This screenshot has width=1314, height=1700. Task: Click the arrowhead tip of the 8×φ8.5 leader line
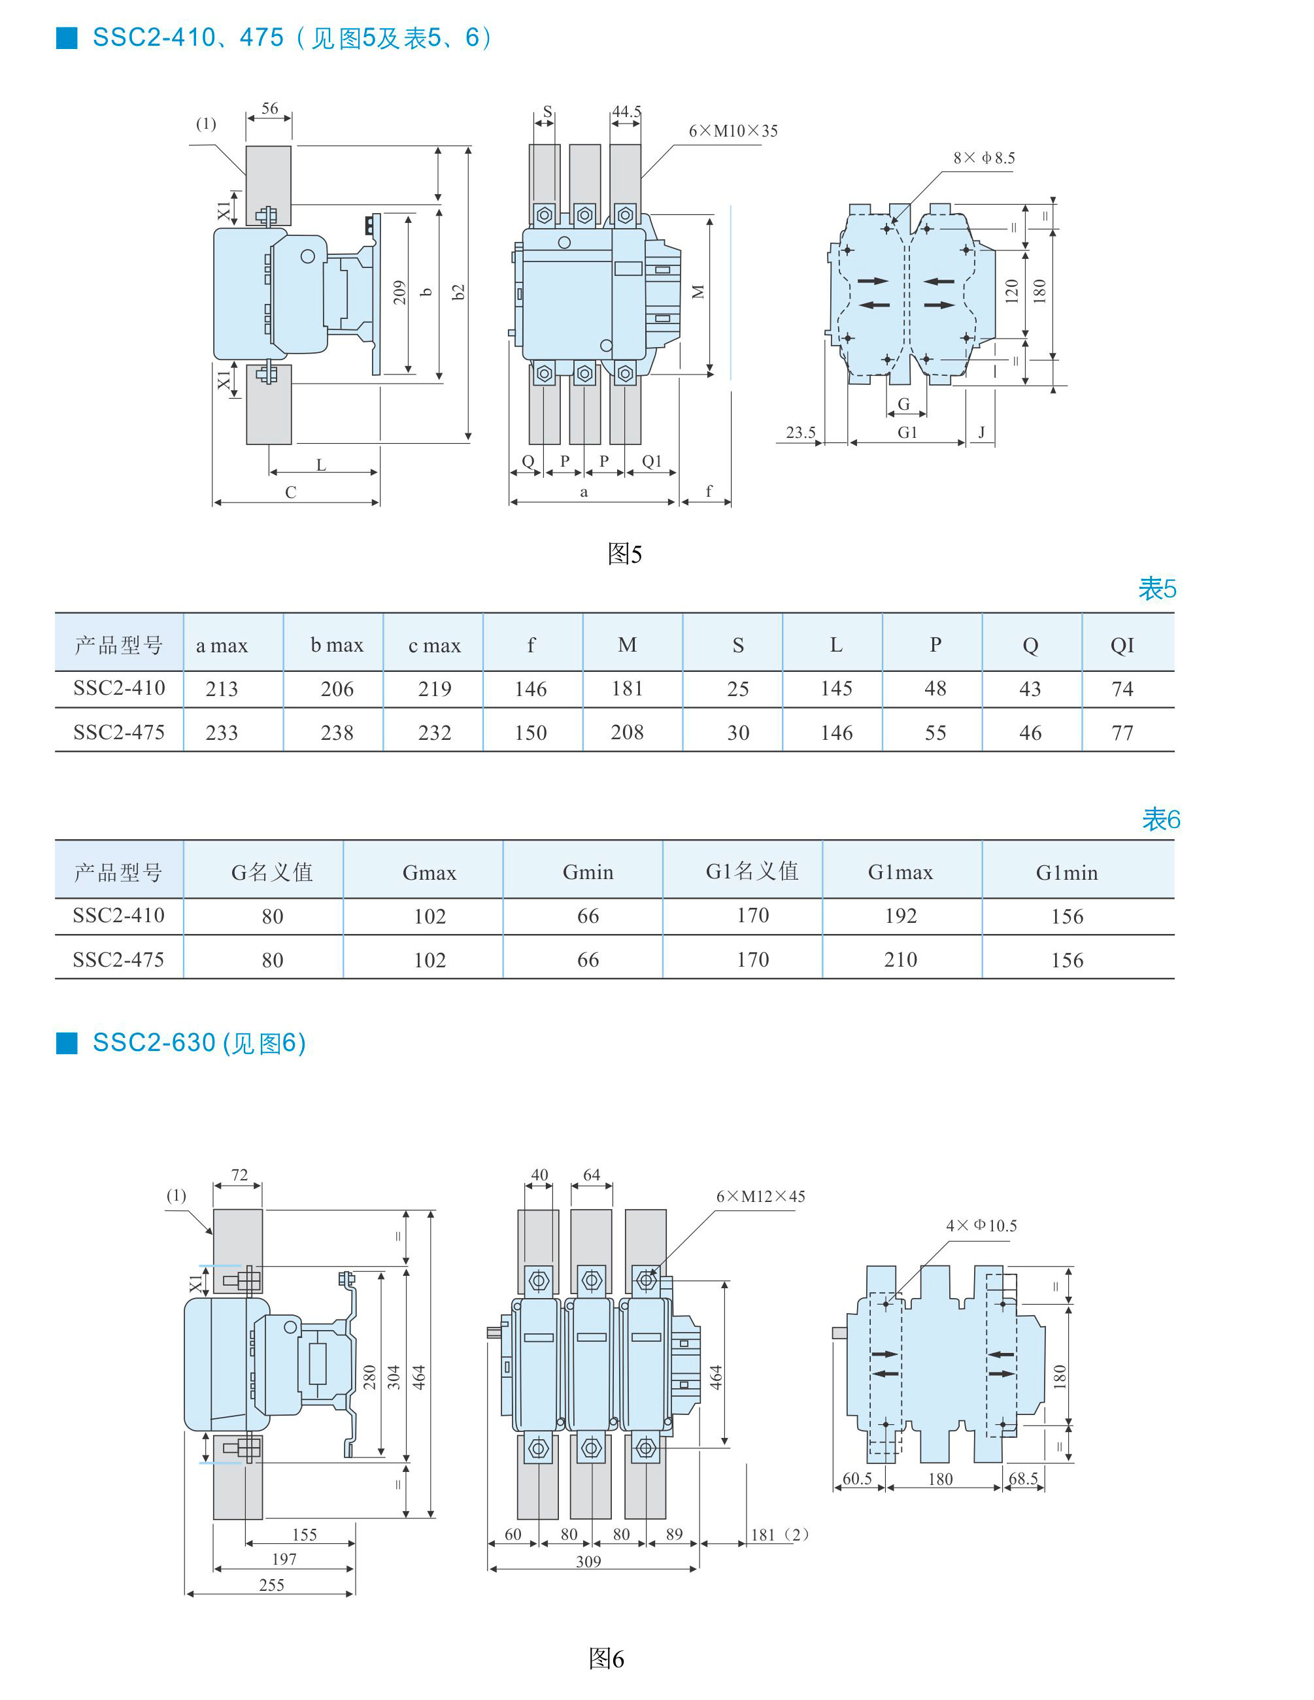point(892,224)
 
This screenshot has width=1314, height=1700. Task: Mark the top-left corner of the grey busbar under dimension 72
point(214,1210)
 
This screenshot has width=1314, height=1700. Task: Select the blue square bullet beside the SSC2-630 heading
point(67,1043)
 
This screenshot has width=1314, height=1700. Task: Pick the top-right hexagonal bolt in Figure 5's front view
point(625,215)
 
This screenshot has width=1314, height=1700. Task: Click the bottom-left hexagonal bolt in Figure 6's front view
point(538,1448)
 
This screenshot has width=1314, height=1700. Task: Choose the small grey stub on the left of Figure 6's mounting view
point(840,1333)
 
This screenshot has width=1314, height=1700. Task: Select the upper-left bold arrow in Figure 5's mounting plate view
point(873,281)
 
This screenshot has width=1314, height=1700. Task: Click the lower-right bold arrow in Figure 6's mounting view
point(1002,1374)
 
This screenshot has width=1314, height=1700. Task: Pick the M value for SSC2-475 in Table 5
point(628,733)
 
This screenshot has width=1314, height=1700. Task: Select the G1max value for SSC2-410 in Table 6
point(901,916)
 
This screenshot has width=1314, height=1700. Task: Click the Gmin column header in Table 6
point(588,873)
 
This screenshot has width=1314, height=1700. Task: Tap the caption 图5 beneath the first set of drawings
point(624,554)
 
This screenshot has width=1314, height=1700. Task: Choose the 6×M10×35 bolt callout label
point(733,131)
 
